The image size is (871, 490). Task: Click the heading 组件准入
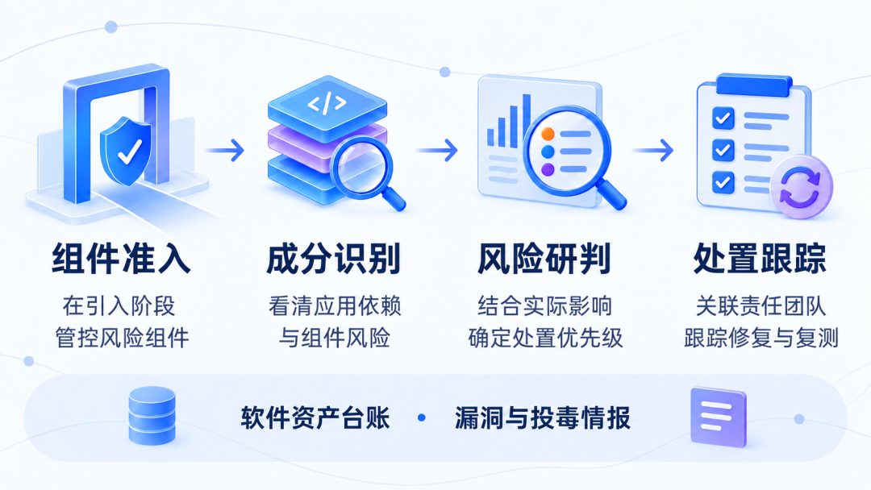pos(121,259)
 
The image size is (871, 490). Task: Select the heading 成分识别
pos(333,259)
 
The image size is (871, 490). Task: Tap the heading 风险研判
pos(544,259)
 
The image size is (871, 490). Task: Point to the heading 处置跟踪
pos(760,259)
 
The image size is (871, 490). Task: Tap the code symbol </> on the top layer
pos(327,102)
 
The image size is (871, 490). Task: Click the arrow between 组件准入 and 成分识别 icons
pos(225,150)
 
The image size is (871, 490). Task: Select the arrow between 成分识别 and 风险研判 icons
pos(437,150)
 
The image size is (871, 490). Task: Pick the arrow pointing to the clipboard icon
pos(653,150)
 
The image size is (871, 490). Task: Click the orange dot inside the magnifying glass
pos(548,134)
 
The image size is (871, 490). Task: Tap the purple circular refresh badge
pos(800,186)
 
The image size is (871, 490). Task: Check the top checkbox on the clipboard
pos(723,118)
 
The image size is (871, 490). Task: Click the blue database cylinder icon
pos(152,416)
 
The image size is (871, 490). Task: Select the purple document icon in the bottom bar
pos(719,417)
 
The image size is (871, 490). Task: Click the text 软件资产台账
pos(315,417)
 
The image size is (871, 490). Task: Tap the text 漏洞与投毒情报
pos(542,417)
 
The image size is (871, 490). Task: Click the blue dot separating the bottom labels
pos(422,417)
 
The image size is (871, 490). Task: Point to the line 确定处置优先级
pos(545,338)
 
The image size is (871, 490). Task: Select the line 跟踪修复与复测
pos(761,338)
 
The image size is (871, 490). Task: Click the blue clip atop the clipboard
pos(754,85)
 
